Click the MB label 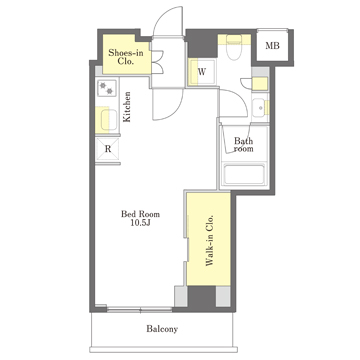coord(272,46)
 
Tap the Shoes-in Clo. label coord(126,57)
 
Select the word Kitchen coord(127,107)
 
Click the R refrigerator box coord(108,150)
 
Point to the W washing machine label coord(202,72)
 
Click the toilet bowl coord(234,48)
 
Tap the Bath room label coord(243,145)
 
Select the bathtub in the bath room coord(244,175)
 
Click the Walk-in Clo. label coord(209,240)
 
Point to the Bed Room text coord(140,214)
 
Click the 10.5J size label coord(140,223)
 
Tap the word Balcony coord(162,329)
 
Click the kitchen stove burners coord(107,88)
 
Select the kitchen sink coord(109,120)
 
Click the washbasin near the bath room coord(260,108)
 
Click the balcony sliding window coord(139,309)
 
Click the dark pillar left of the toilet coord(201,44)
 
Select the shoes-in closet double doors coord(157,62)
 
